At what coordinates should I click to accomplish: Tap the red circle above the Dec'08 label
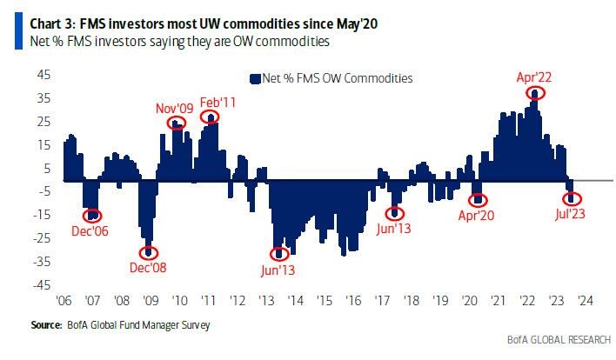pyautogui.click(x=150, y=252)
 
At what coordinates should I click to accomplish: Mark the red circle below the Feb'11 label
pyautogui.click(x=210, y=117)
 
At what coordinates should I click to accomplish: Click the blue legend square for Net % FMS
pyautogui.click(x=256, y=78)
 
